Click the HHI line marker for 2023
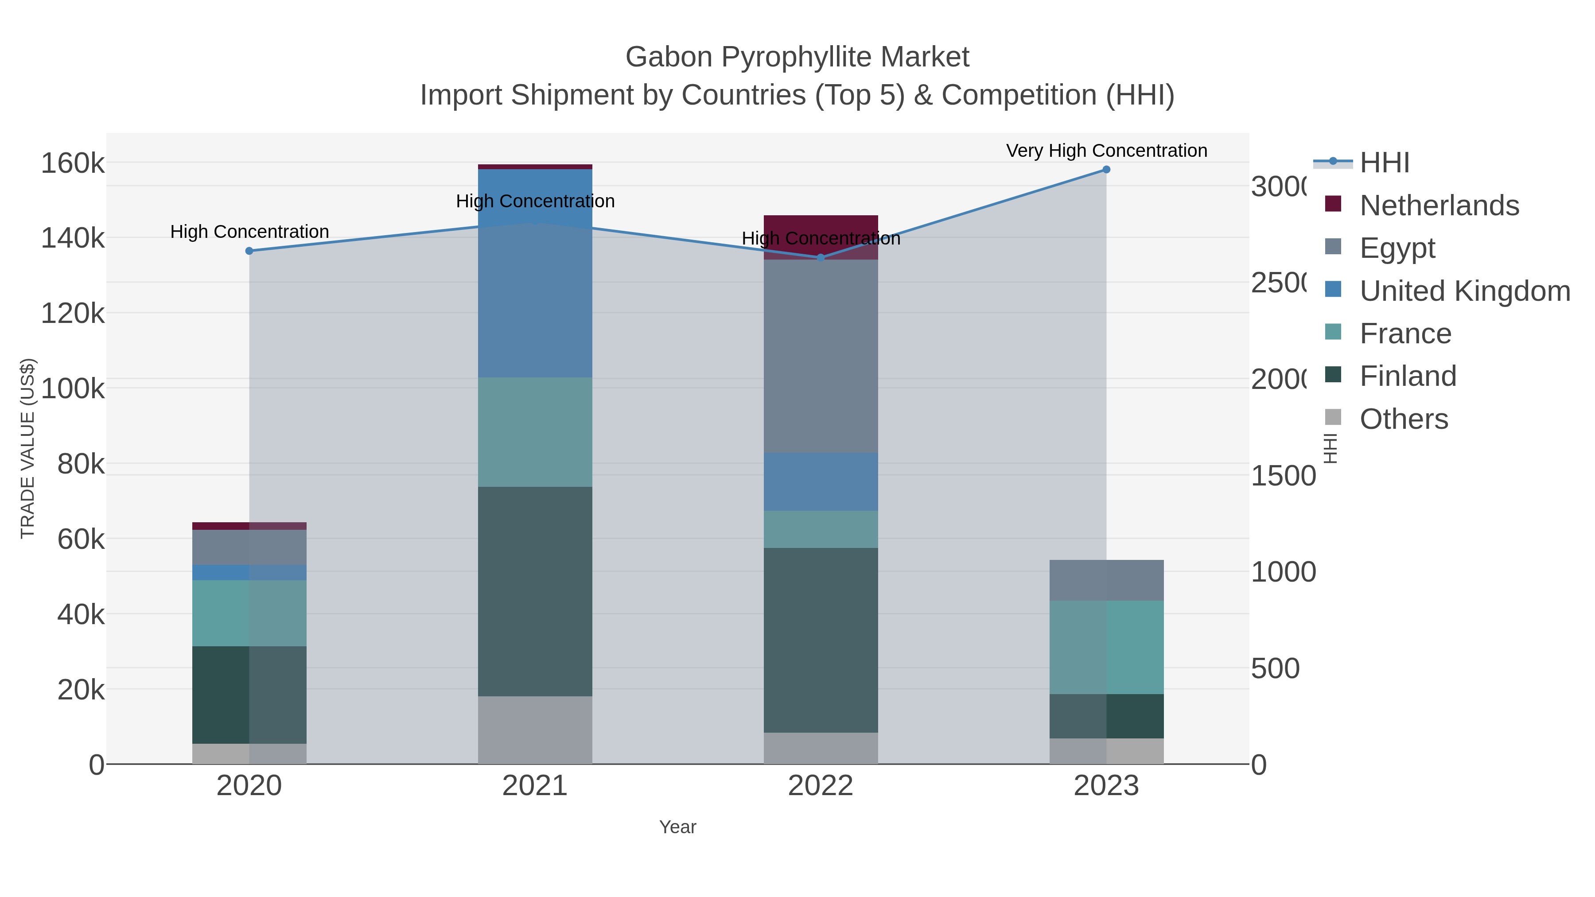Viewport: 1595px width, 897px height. [x=1106, y=170]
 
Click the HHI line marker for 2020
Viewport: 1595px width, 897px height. [x=249, y=251]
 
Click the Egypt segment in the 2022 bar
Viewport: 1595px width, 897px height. [x=821, y=356]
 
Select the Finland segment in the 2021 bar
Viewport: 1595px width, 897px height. [x=535, y=591]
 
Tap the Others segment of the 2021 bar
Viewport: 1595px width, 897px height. [x=535, y=730]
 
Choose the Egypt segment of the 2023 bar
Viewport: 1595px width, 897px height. [x=1106, y=580]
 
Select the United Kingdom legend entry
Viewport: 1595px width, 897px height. [x=1464, y=291]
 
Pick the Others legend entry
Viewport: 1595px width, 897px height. [x=1403, y=419]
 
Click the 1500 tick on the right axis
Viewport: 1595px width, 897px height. [x=1282, y=476]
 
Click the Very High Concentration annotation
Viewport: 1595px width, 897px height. [x=1106, y=151]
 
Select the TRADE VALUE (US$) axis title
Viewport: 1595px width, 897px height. [x=28, y=448]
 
